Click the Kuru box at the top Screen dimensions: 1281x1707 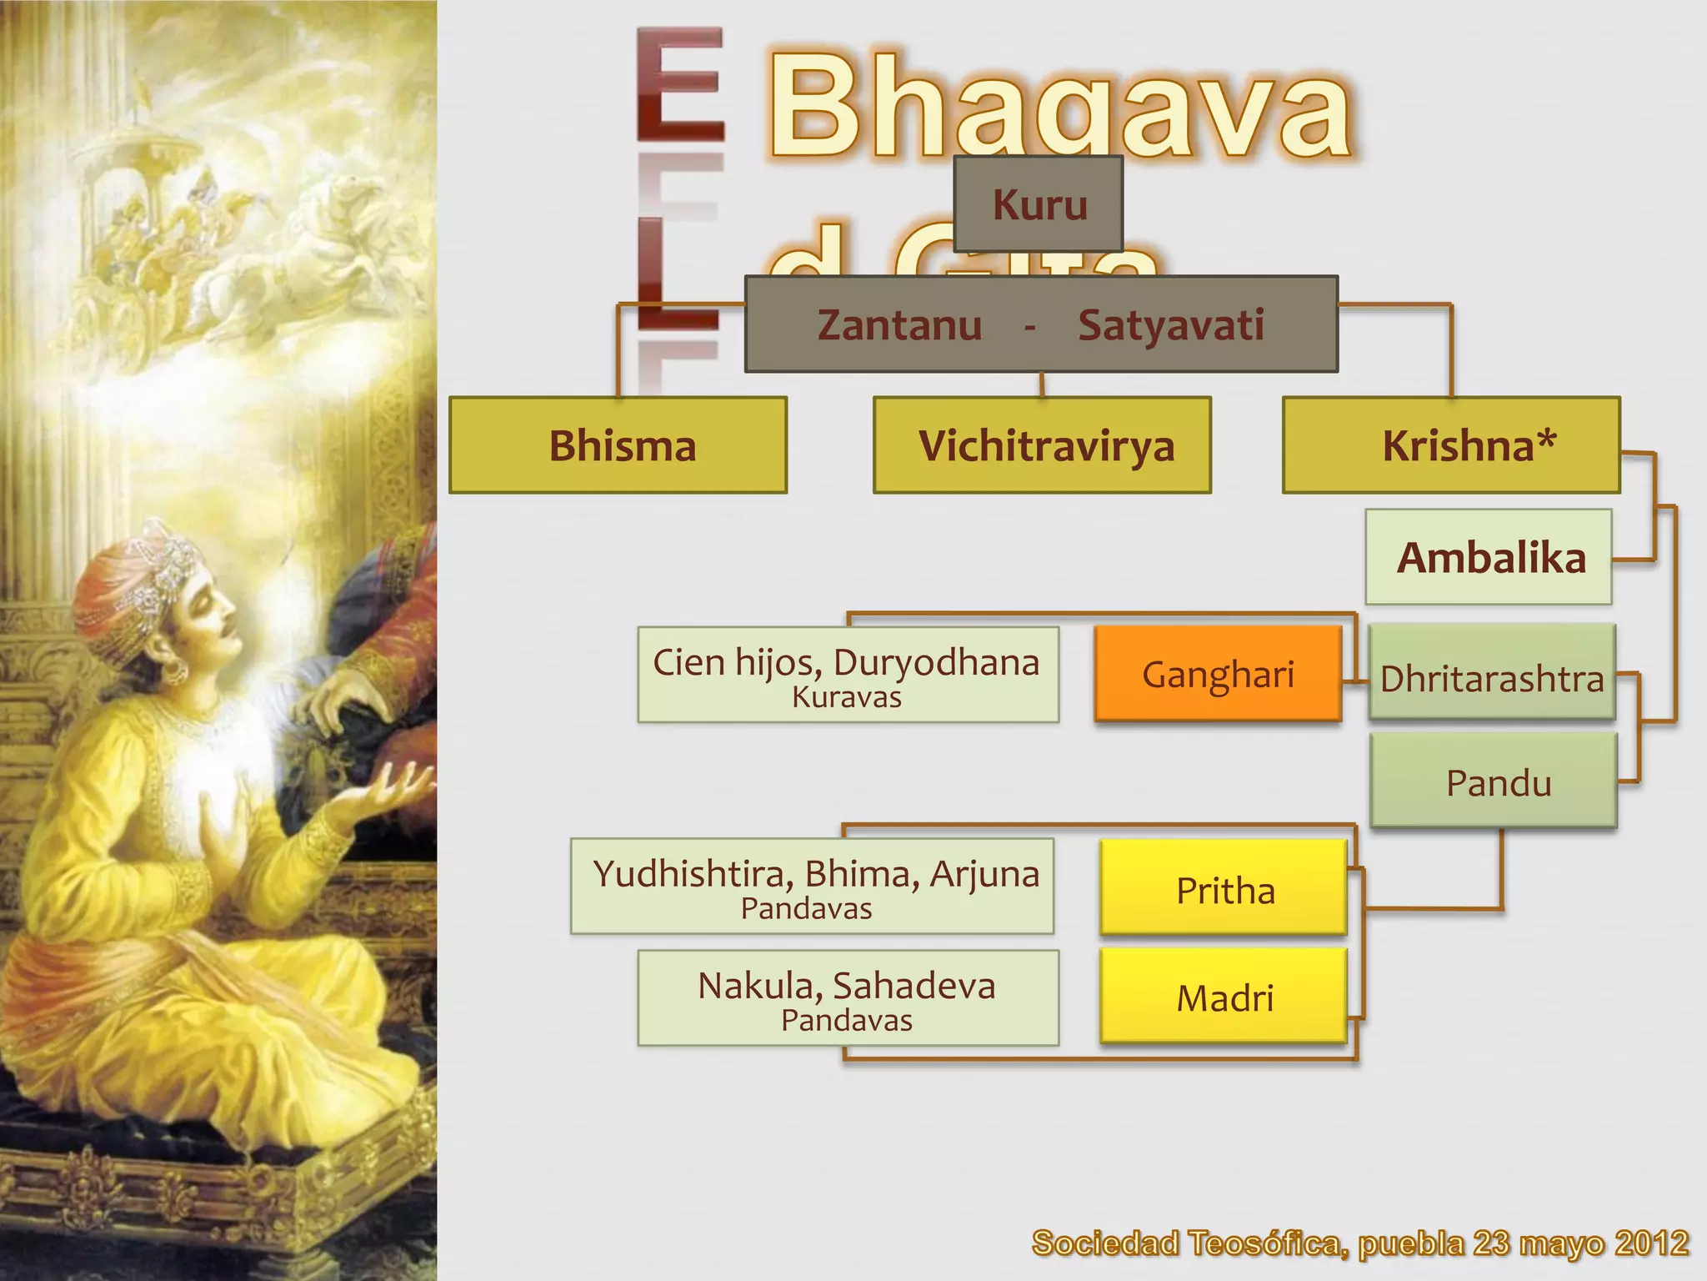[x=1039, y=204]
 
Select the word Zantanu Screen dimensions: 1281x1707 [x=899, y=325]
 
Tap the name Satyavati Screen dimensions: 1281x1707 [x=1171, y=325]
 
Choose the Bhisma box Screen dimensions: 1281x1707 [x=618, y=445]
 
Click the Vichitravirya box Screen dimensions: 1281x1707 [x=1042, y=445]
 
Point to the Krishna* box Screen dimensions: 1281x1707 [x=1451, y=445]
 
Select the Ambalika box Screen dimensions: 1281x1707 [x=1489, y=557]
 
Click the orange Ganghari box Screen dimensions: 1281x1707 [x=1218, y=674]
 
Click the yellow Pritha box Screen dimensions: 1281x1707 [x=1224, y=889]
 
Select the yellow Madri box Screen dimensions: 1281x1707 [x=1224, y=997]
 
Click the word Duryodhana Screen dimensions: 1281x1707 [x=936, y=663]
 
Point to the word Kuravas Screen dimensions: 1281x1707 [x=847, y=697]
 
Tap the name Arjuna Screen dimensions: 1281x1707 [x=985, y=874]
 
